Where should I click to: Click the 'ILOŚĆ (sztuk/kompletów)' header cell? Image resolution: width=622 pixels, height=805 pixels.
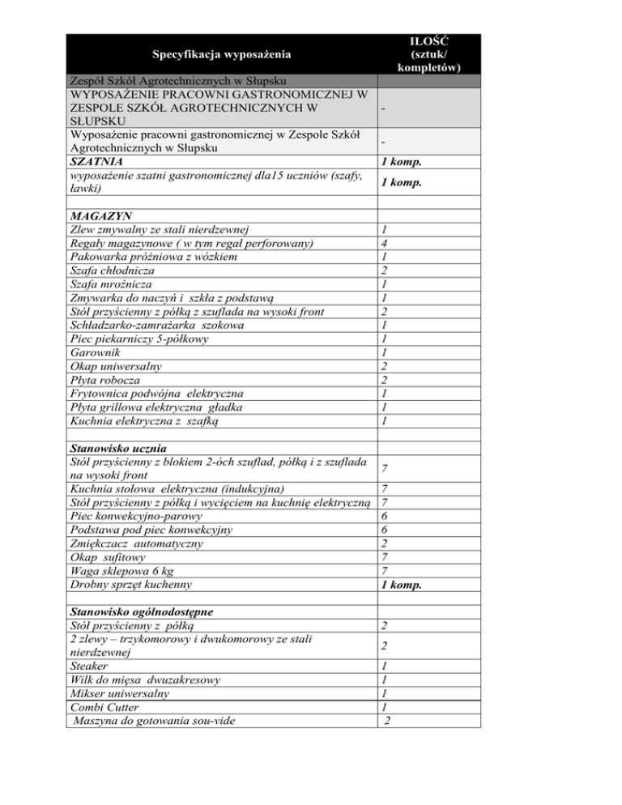pyautogui.click(x=430, y=53)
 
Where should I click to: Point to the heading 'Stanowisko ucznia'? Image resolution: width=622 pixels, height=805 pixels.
pyautogui.click(x=119, y=448)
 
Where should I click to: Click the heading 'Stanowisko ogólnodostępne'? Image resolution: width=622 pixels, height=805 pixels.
pyautogui.click(x=142, y=611)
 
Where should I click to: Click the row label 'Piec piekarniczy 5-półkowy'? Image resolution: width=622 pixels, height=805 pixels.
pyautogui.click(x=139, y=339)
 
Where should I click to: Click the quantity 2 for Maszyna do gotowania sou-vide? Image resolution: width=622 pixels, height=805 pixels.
pyautogui.click(x=390, y=721)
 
